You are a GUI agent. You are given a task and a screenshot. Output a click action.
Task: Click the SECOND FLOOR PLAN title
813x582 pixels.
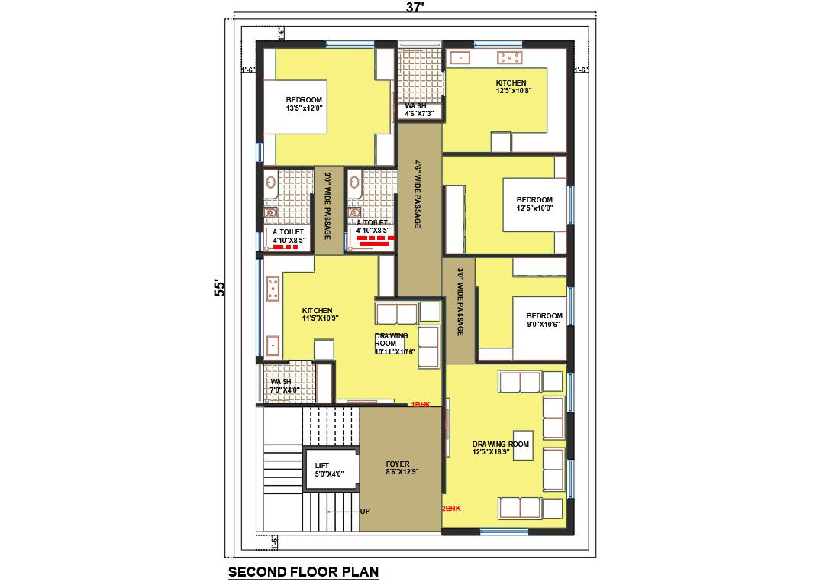pos(303,571)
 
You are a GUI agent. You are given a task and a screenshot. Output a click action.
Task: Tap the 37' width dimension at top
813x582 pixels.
pos(414,8)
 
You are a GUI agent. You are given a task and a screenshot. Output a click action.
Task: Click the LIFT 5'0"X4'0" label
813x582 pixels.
pos(330,469)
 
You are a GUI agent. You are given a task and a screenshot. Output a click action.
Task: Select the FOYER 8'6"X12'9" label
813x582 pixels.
pos(398,468)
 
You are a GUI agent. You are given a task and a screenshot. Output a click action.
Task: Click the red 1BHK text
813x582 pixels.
pos(421,403)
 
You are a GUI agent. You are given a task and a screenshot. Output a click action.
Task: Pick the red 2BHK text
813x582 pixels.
pos(451,508)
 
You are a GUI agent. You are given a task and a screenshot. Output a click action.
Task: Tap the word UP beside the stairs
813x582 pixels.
pos(365,511)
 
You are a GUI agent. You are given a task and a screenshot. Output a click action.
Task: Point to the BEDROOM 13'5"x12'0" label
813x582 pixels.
pos(304,104)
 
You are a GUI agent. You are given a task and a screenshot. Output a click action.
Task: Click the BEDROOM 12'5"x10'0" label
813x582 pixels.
pos(534,204)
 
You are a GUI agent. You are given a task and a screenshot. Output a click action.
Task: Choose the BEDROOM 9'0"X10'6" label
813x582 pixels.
pos(544,320)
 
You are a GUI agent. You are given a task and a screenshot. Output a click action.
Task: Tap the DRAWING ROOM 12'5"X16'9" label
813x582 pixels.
pos(501,448)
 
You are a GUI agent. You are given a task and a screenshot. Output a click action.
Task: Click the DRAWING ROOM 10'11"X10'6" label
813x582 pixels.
pos(394,344)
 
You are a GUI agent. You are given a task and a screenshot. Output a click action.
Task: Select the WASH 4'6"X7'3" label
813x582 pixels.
pos(419,110)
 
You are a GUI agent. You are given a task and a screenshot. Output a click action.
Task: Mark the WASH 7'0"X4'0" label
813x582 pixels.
pos(284,386)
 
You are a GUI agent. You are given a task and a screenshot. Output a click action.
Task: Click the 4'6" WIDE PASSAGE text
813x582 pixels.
pos(418,195)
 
